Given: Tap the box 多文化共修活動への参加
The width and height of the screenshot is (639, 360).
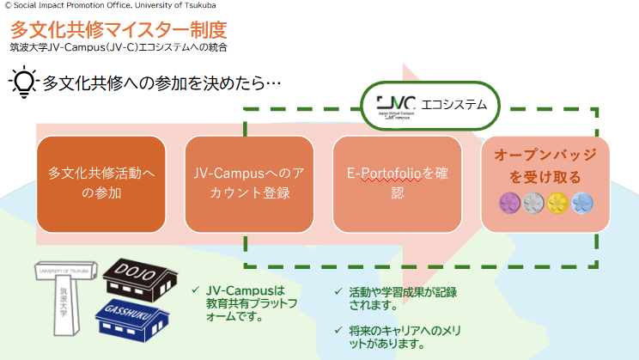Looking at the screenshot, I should tap(101, 183).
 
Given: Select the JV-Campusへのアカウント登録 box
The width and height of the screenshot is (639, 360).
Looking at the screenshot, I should tap(249, 183).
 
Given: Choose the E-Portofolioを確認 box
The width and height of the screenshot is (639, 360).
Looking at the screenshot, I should tap(397, 183).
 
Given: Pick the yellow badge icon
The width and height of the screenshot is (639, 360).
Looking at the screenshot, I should tap(557, 204).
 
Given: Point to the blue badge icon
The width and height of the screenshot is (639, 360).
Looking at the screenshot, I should tap(581, 204).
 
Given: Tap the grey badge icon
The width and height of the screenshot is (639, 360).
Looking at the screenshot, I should tap(533, 204).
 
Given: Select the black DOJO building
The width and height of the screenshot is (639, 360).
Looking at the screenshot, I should tap(143, 272).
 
